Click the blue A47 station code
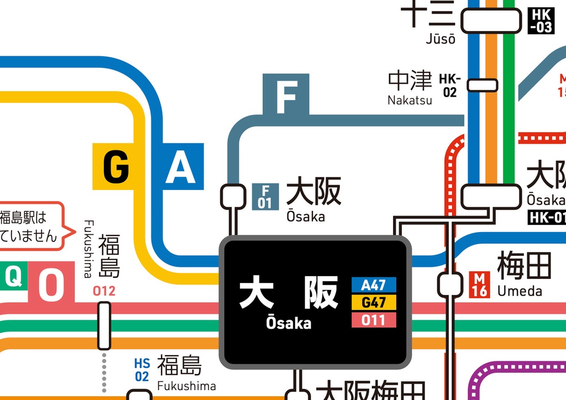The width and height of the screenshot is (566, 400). [374, 285]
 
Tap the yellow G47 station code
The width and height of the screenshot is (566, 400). [374, 302]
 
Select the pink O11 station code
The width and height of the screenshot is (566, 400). [374, 319]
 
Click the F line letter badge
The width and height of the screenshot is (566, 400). [286, 94]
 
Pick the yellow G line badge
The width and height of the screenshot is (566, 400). [115, 166]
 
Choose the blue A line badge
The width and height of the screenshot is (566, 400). [180, 166]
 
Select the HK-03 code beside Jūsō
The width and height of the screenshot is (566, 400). [541, 21]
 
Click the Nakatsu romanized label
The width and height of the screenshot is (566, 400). [410, 100]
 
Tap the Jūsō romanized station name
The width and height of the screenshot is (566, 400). [441, 39]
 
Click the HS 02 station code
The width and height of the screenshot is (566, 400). [142, 370]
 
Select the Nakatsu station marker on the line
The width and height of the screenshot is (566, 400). [483, 85]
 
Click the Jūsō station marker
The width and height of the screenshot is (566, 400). [491, 21]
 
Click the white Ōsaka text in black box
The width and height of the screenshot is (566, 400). [289, 323]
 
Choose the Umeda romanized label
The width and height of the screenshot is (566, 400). [520, 291]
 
